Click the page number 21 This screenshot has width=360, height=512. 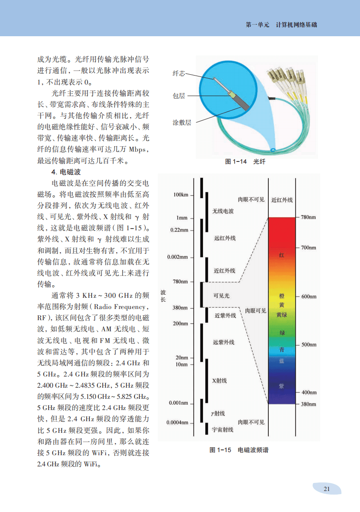326,489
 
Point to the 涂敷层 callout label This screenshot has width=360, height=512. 182,123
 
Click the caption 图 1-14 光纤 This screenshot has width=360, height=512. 245,162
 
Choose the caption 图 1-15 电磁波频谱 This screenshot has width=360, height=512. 239,450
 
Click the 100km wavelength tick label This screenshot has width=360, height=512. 181,195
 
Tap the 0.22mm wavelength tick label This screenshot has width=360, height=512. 179,230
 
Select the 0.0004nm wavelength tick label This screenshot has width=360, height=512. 178,423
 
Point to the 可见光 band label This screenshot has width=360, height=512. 221,296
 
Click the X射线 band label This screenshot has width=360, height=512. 219,381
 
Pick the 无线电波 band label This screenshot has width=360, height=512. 223,211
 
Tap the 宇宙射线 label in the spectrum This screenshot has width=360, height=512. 222,430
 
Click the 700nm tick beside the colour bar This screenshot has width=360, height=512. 309,247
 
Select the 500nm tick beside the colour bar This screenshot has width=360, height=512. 309,345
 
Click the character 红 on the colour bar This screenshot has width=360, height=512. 282,255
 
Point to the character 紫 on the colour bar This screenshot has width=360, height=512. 282,385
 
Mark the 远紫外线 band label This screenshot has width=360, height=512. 224,343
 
